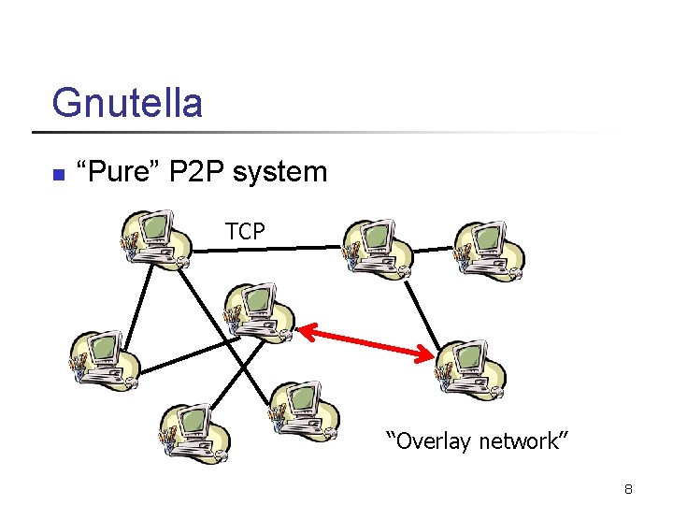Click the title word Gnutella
click(127, 103)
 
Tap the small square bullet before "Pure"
click(57, 174)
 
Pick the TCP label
click(245, 231)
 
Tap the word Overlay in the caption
click(435, 440)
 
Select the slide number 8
click(629, 489)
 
